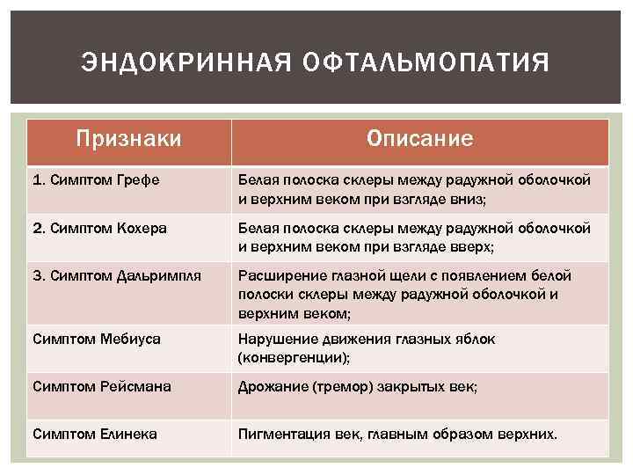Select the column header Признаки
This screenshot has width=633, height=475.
(x=129, y=139)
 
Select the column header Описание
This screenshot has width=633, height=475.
(x=419, y=139)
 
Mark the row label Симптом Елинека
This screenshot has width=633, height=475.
(x=94, y=434)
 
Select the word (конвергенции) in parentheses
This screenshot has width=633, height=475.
(x=292, y=356)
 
